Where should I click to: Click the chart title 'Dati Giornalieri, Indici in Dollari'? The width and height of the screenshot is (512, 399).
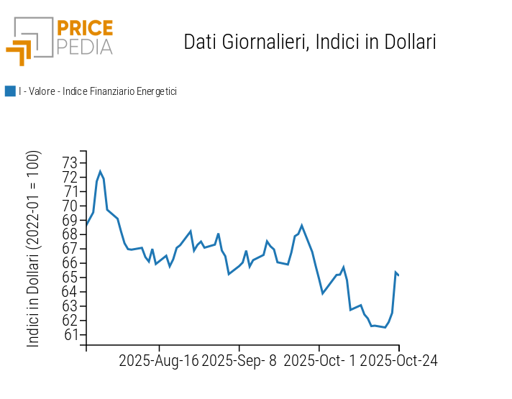pyautogui.click(x=310, y=42)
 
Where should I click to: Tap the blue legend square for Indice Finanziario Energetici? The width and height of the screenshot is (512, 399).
pyautogui.click(x=10, y=91)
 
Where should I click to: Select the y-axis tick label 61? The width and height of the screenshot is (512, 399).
pyautogui.click(x=70, y=334)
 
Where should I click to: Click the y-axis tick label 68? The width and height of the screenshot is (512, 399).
pyautogui.click(x=70, y=234)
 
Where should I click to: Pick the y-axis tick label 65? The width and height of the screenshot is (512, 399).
pyautogui.click(x=70, y=278)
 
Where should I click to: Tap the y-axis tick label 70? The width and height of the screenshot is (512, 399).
pyautogui.click(x=70, y=206)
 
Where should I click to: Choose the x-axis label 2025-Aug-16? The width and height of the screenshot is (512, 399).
pyautogui.click(x=158, y=360)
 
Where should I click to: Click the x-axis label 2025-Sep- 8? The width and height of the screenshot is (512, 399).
pyautogui.click(x=239, y=360)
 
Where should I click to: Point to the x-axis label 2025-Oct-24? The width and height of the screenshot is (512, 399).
pyautogui.click(x=398, y=360)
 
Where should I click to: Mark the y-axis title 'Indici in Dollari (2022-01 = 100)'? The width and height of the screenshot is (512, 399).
pyautogui.click(x=34, y=249)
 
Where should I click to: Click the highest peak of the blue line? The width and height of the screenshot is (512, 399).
pyautogui.click(x=100, y=171)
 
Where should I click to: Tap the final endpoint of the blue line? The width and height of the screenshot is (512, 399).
pyautogui.click(x=398, y=275)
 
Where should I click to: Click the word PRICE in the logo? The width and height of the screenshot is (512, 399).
pyautogui.click(x=85, y=29)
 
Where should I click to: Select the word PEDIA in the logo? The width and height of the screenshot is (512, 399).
pyautogui.click(x=85, y=47)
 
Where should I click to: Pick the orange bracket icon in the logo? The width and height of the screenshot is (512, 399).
pyautogui.click(x=20, y=52)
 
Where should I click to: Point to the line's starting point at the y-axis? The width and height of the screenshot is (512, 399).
pyautogui.click(x=87, y=225)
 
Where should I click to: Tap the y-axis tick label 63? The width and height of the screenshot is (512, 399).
pyautogui.click(x=70, y=306)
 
